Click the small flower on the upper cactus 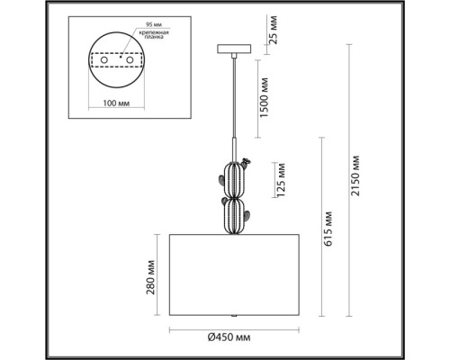coord(248,163)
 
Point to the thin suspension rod coord(234,99)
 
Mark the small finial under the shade coord(234,319)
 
